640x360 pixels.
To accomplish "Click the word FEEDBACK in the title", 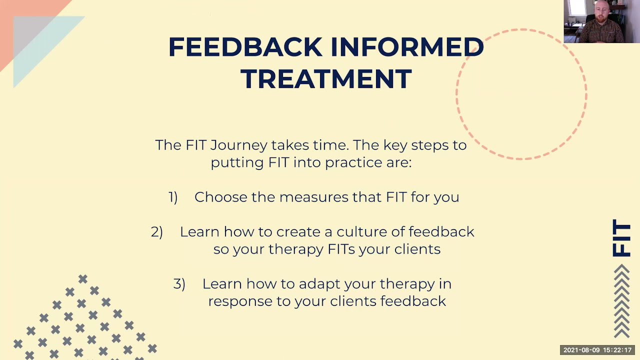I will click(x=245, y=47).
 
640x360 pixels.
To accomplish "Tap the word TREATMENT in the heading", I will click(x=326, y=79).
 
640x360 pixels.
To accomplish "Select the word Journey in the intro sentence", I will click(x=239, y=145).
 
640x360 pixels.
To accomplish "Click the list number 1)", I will click(x=173, y=197).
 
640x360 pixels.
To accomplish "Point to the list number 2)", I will click(x=157, y=232).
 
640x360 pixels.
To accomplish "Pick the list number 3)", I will click(x=179, y=284).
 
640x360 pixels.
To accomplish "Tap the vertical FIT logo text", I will click(x=622, y=238).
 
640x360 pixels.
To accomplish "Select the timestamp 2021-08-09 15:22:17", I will click(x=597, y=350).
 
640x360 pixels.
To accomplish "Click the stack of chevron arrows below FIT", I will click(x=621, y=301).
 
